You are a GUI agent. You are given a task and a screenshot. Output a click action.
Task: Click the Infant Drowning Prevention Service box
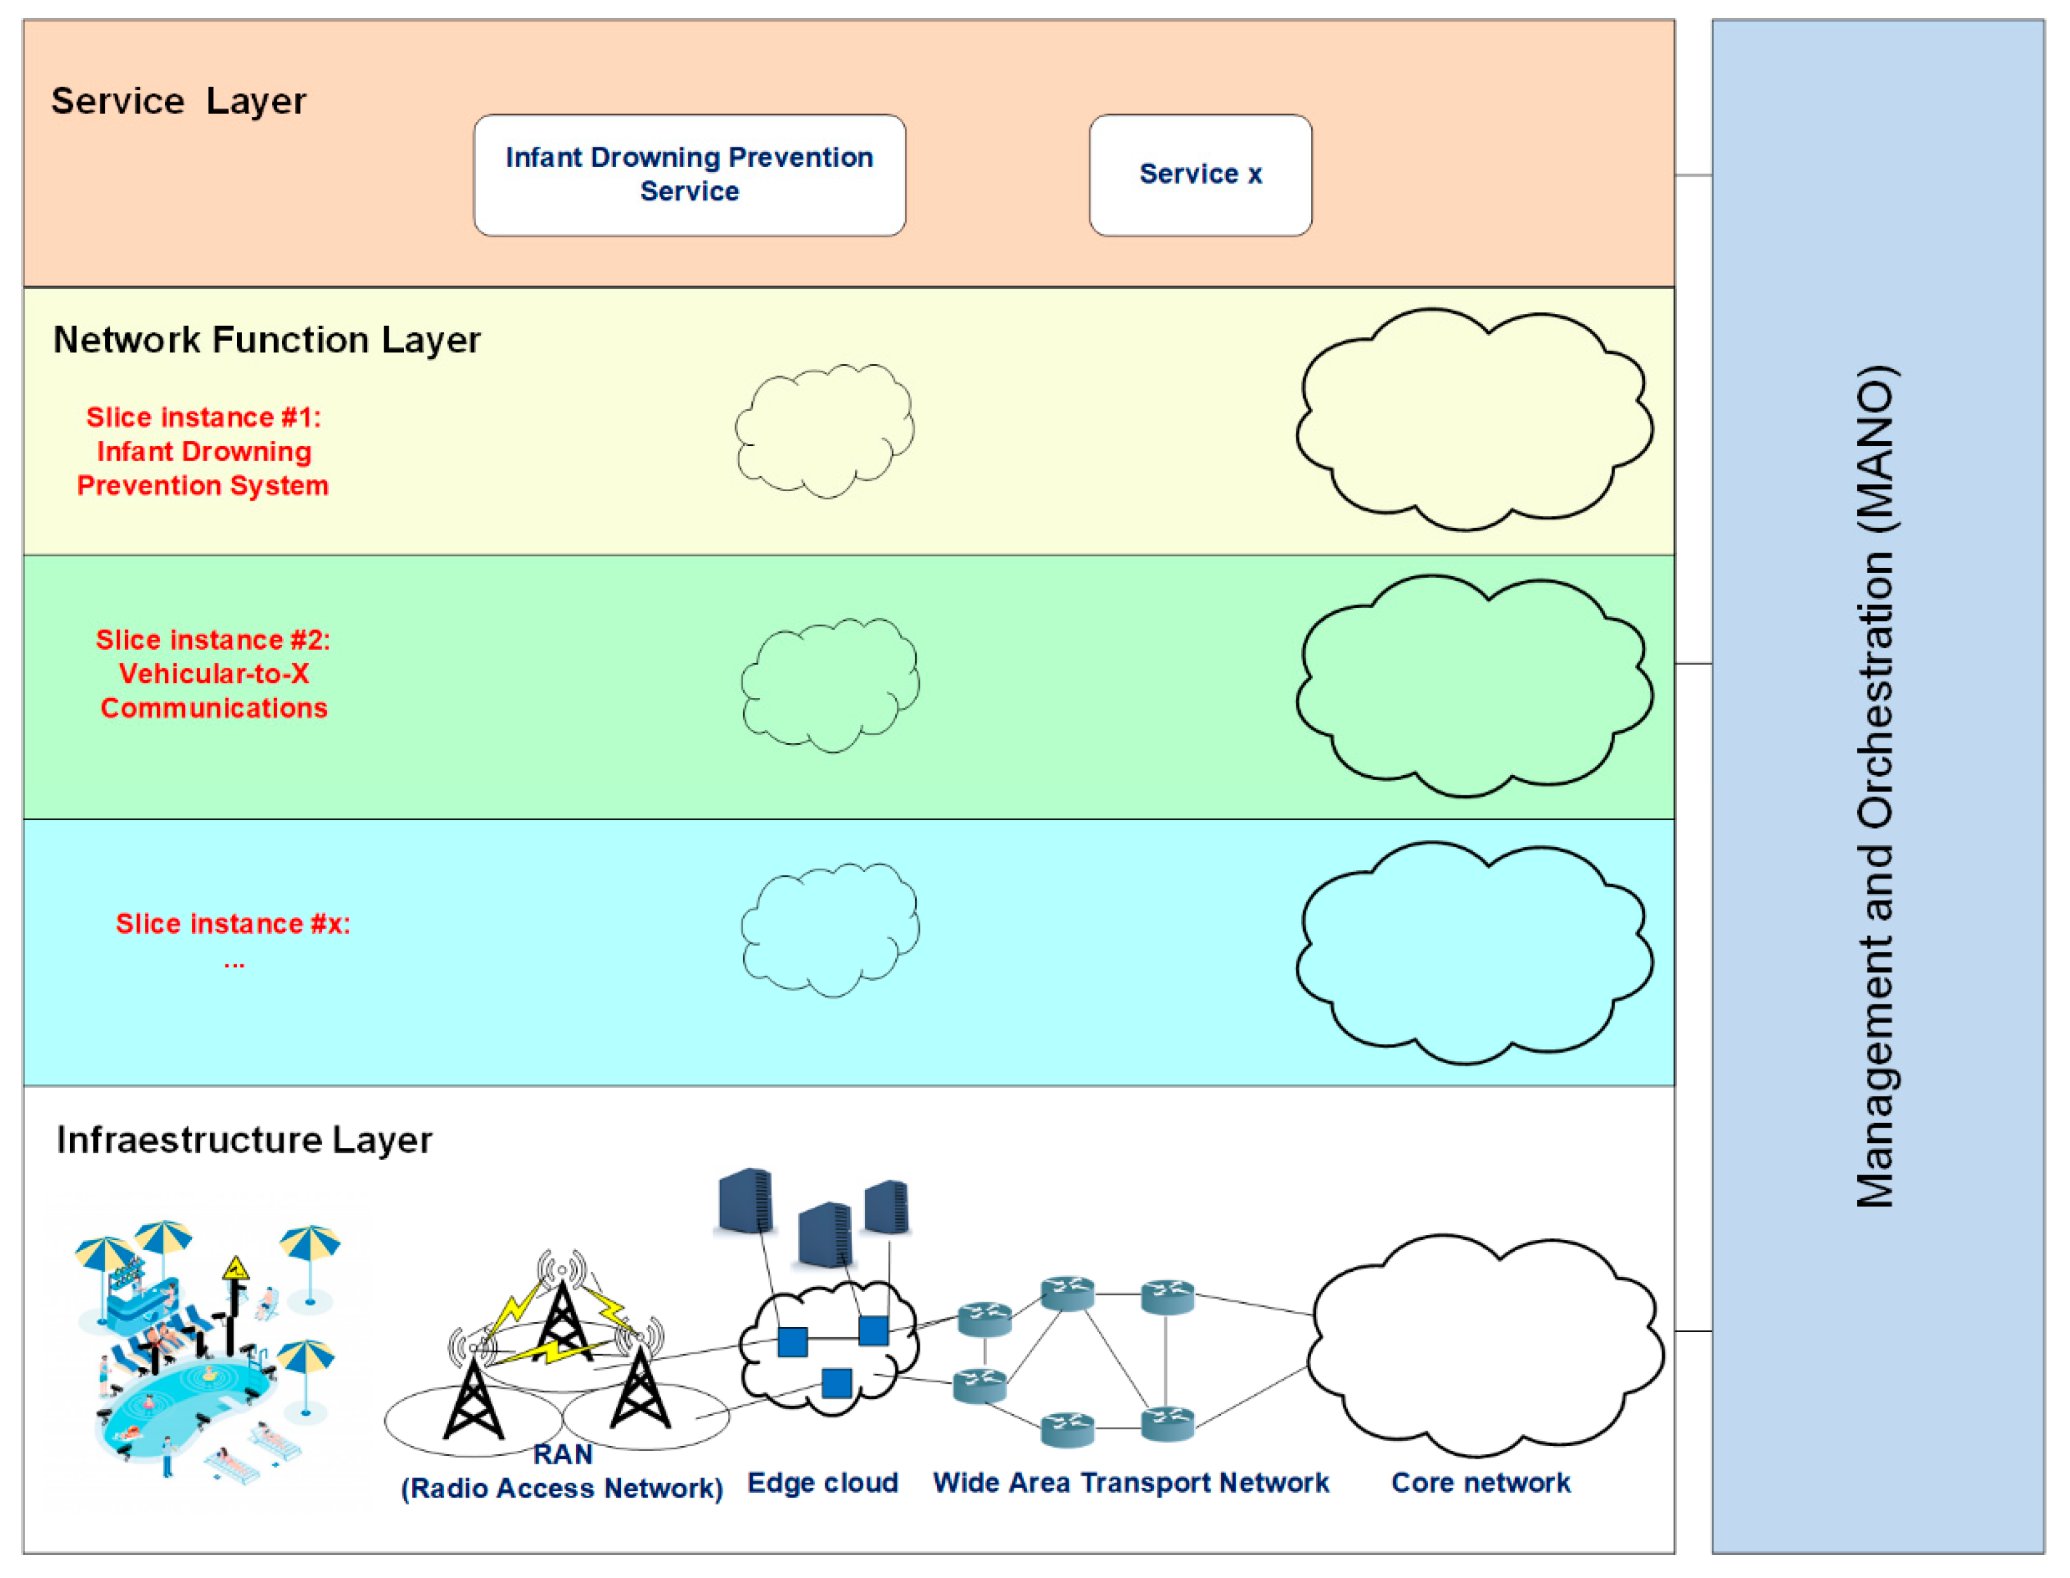coord(689,175)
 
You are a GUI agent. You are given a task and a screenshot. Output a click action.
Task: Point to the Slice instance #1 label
coord(203,452)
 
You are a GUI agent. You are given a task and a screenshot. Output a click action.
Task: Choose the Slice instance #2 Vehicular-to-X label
coord(213,673)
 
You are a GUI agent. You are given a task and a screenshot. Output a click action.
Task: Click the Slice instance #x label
coord(233,925)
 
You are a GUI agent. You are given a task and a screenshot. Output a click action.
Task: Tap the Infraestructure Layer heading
coord(244,1140)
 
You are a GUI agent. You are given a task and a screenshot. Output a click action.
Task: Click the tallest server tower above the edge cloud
coord(746,1201)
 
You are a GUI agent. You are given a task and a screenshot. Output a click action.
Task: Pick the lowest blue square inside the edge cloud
coord(836,1382)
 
